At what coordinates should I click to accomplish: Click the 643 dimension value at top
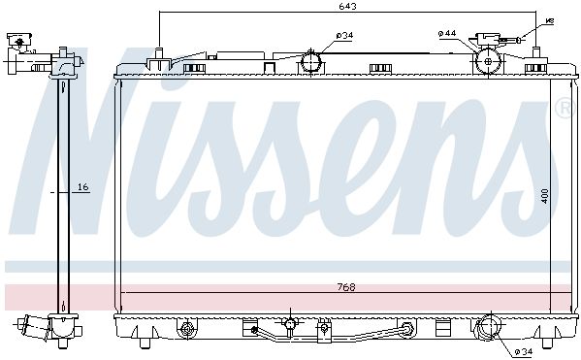click(x=347, y=6)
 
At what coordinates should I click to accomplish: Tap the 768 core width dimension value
click(x=346, y=287)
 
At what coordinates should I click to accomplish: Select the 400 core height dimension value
click(x=544, y=196)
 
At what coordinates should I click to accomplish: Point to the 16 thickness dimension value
click(x=83, y=187)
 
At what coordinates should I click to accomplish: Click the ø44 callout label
click(x=447, y=33)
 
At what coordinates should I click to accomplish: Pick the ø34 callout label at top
click(x=344, y=36)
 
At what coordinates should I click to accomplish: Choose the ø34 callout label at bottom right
click(x=524, y=351)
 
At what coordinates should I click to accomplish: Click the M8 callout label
click(x=550, y=21)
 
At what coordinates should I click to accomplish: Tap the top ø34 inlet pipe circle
click(x=310, y=62)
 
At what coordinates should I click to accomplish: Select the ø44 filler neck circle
click(x=488, y=61)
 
